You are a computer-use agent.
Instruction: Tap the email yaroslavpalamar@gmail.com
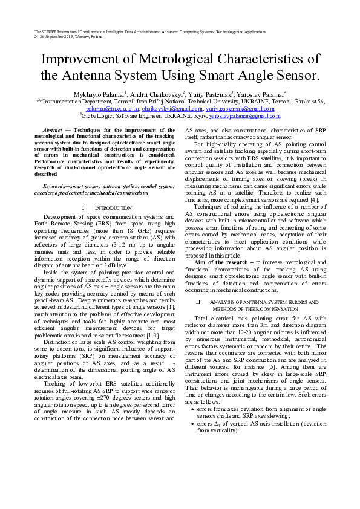243,115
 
